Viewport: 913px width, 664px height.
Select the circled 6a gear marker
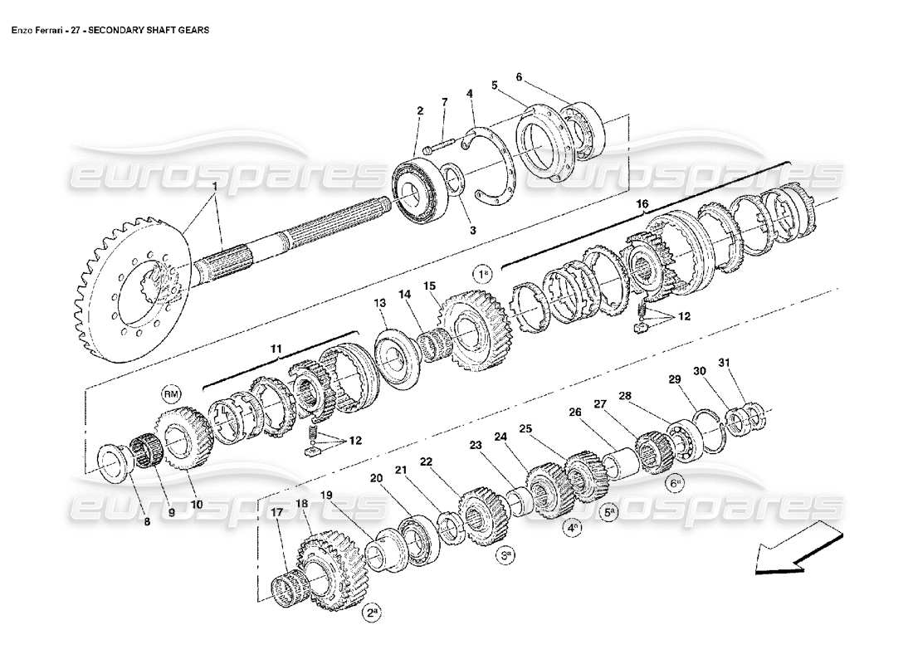(x=674, y=482)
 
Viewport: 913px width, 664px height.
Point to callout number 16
(x=642, y=203)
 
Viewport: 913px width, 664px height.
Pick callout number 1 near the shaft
(x=214, y=187)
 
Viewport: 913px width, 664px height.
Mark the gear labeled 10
(x=184, y=437)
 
